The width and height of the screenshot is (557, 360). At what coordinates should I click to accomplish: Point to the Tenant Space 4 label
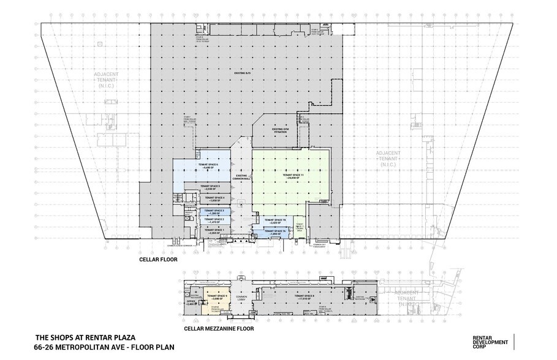tap(214, 199)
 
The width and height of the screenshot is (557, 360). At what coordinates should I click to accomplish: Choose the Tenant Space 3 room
tap(214, 211)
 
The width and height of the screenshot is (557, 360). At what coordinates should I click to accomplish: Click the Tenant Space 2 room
tap(214, 220)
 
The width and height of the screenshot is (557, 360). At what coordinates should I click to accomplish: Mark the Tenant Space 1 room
tap(214, 231)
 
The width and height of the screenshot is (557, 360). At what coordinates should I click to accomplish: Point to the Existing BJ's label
tap(244, 73)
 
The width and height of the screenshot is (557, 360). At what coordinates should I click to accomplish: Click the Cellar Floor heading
tap(159, 260)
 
